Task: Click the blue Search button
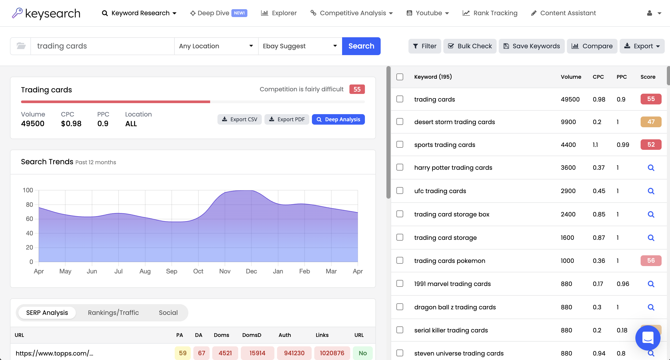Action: (x=361, y=46)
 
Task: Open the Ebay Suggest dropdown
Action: (x=300, y=46)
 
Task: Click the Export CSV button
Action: (x=239, y=119)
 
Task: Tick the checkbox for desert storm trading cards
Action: (x=400, y=122)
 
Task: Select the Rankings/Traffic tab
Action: (x=113, y=313)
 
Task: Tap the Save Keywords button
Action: (x=531, y=46)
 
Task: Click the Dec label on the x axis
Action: (x=251, y=271)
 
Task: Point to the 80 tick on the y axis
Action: (x=29, y=205)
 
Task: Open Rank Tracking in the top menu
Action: (x=490, y=13)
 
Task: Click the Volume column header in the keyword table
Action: (x=571, y=77)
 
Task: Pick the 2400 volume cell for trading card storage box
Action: (x=568, y=214)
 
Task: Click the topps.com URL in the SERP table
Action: (x=55, y=353)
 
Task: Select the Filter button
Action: (x=424, y=46)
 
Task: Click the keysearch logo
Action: (x=46, y=13)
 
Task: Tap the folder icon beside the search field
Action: (x=21, y=46)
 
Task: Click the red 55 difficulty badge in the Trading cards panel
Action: (x=357, y=89)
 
